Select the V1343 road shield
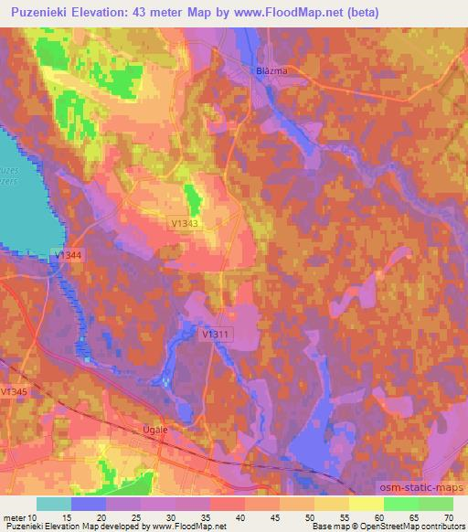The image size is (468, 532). coord(184,222)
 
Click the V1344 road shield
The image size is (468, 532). coord(68,255)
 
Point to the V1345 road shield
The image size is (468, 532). coord(14,391)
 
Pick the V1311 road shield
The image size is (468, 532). coord(215,335)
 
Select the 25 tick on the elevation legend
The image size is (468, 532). coord(142,516)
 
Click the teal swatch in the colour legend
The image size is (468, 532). coord(54,504)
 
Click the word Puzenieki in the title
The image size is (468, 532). coord(33,13)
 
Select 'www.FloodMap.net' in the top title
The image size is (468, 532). coord(285,13)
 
